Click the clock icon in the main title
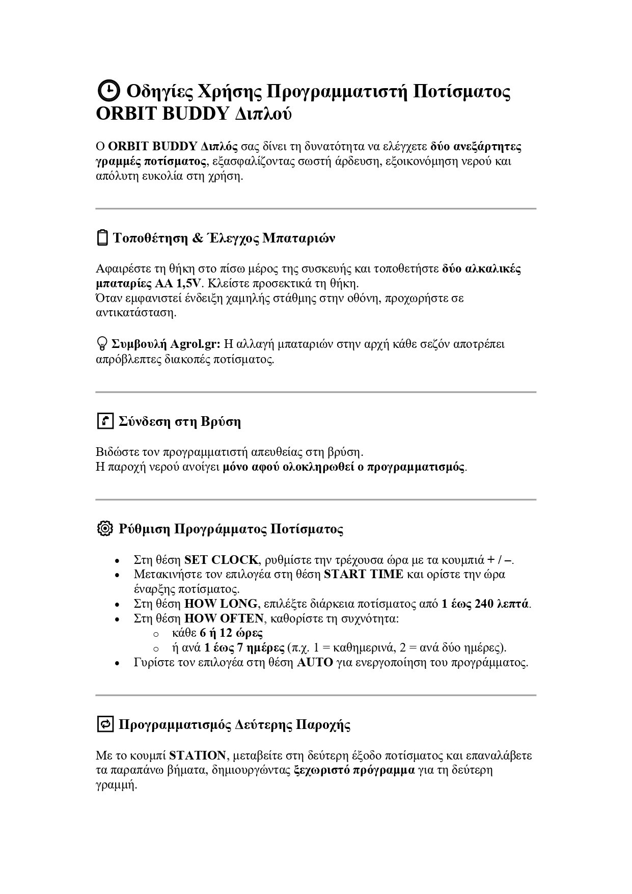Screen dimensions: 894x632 [107, 91]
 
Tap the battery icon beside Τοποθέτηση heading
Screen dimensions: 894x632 [102, 238]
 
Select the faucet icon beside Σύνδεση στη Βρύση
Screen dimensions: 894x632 [105, 421]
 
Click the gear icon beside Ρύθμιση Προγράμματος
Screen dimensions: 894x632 [104, 528]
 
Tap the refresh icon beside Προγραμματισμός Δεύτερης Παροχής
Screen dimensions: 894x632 [105, 724]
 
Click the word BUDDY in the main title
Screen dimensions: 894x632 [196, 114]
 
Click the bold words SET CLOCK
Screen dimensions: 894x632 [222, 560]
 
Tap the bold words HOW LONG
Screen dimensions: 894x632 [221, 604]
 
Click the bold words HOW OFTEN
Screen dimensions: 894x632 [224, 619]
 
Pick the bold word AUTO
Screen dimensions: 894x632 [315, 663]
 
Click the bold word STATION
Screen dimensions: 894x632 [198, 755]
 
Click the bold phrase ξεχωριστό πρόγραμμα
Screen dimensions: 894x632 [354, 770]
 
